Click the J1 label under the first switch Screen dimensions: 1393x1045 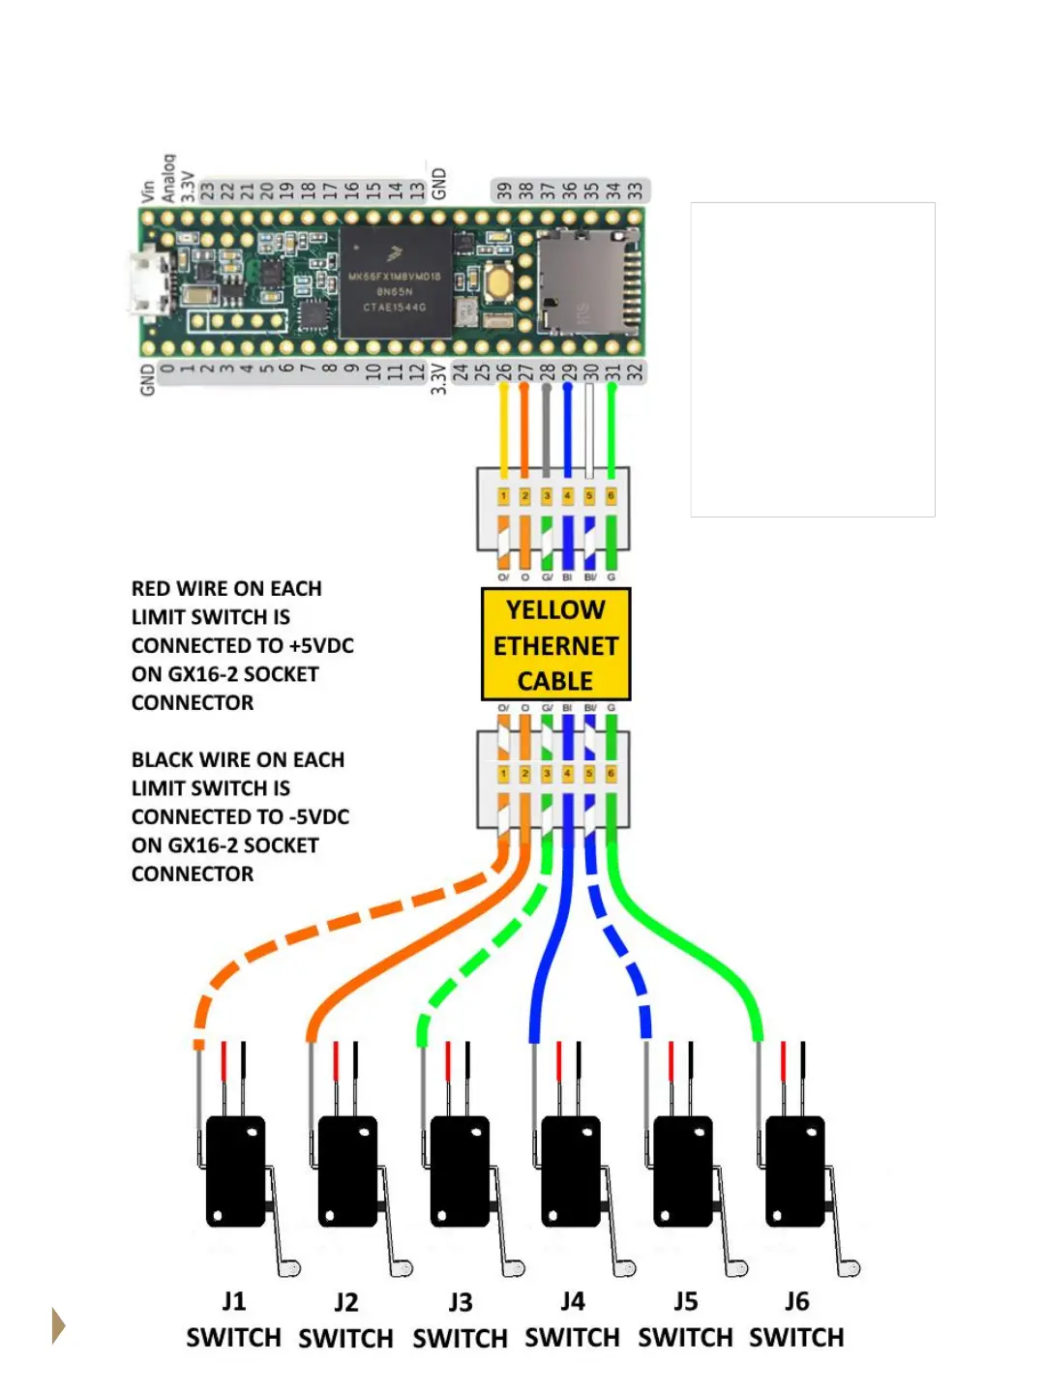[233, 1301]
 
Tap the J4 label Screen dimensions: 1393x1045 [573, 1301]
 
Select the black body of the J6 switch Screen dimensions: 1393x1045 [795, 1171]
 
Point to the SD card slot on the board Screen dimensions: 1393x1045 [581, 281]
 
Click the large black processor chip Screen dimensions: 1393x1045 [395, 282]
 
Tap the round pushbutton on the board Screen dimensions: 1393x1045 [500, 282]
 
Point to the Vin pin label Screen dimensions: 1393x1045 [148, 191]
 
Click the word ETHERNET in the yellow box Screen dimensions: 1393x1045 [555, 645]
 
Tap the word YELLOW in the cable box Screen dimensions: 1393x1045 [555, 609]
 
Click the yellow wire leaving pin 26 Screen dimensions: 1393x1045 [503, 426]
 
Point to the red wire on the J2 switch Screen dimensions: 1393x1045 [336, 1061]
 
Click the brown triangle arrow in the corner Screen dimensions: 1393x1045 [58, 1325]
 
